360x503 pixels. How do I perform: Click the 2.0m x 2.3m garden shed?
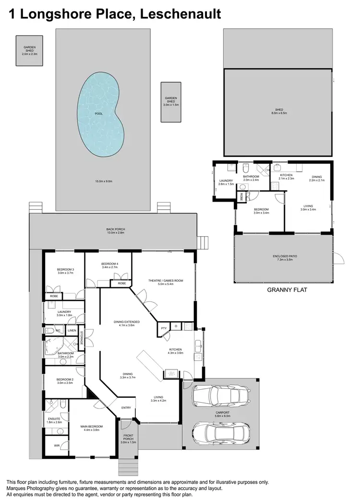[x=30, y=50]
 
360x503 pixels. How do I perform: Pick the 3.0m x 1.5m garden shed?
[x=171, y=101]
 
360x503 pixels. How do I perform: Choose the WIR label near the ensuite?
[x=57, y=445]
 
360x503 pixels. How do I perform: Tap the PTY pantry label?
[x=164, y=328]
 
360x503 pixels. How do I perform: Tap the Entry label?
[x=126, y=407]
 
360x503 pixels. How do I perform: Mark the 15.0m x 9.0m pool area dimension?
[x=103, y=181]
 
